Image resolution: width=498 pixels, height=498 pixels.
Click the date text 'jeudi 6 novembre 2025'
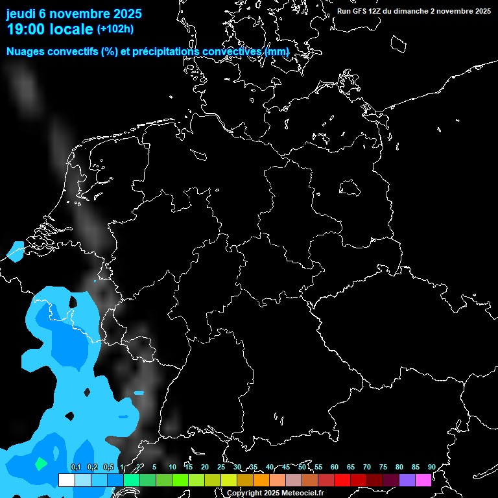point(74,14)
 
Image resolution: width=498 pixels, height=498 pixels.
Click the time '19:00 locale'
point(49,29)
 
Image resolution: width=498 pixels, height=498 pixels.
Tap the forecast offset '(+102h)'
point(115,29)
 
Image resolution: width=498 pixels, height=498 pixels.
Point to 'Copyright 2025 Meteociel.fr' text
point(275,493)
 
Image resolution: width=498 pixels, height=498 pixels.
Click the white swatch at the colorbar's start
point(66,480)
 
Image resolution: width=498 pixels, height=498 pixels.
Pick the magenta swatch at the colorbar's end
point(423,480)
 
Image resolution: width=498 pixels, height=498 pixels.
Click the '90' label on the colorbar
point(431,467)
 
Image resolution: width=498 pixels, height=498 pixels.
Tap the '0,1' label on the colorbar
point(76,467)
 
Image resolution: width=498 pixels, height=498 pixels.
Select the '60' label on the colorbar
point(334,467)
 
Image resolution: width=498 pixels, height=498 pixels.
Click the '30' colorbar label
point(237,467)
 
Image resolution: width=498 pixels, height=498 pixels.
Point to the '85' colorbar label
point(415,467)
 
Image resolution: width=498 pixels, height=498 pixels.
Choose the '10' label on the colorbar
point(172,467)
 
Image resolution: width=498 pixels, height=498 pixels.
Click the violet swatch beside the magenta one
point(407,480)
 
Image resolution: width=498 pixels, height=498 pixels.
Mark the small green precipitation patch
point(40,464)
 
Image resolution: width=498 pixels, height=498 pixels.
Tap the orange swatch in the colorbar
point(261,480)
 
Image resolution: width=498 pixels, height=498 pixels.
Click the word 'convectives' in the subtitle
point(232,52)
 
